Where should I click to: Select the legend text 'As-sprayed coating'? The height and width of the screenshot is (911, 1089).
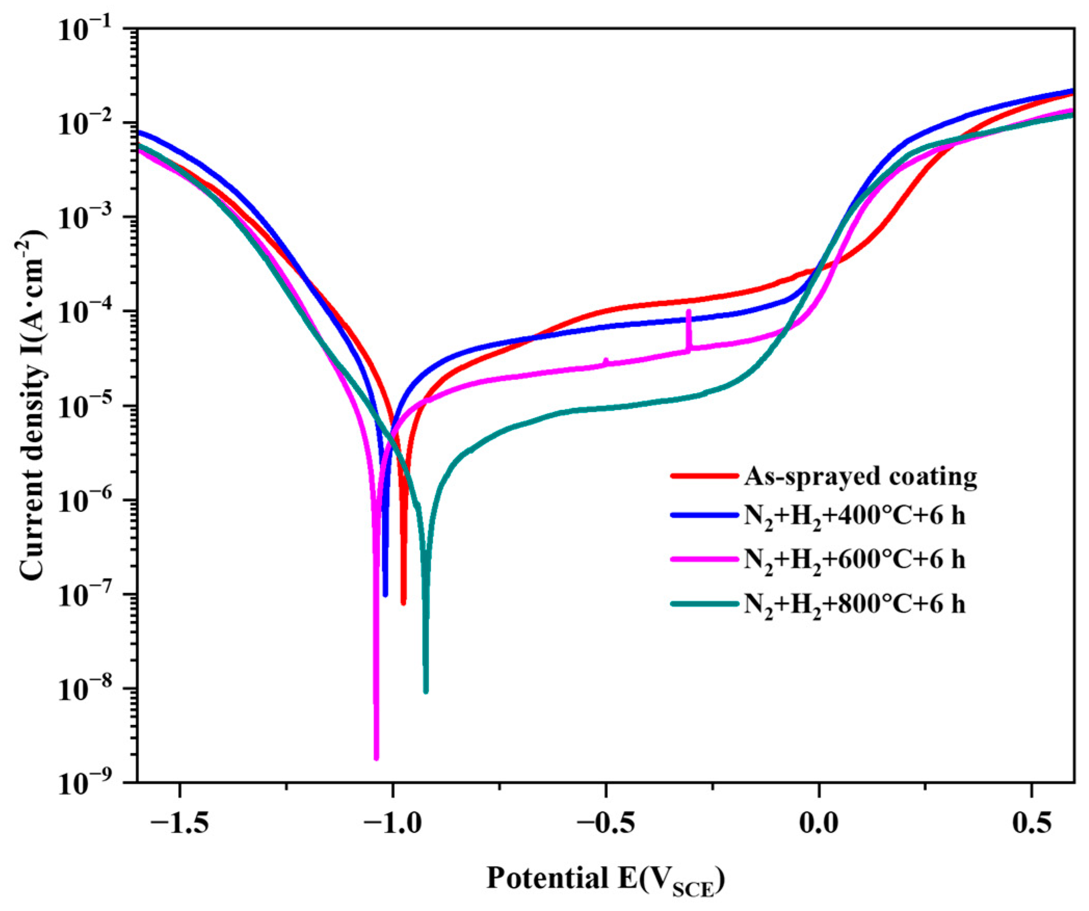point(860,476)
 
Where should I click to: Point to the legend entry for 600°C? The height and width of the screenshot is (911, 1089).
point(855,560)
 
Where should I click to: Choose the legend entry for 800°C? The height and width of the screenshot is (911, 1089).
point(855,605)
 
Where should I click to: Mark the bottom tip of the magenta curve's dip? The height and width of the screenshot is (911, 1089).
point(376,758)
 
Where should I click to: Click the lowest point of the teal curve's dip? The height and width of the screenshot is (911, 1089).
point(426,691)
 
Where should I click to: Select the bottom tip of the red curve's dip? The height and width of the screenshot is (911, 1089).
point(403,602)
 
